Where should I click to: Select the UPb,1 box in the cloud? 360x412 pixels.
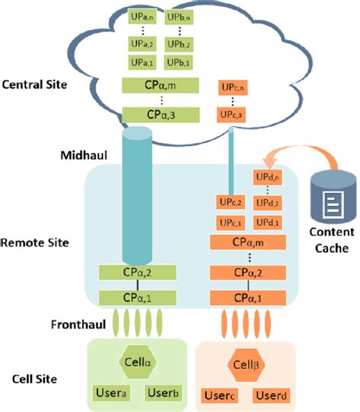(x=178, y=62)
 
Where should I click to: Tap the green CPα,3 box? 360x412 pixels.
(x=159, y=114)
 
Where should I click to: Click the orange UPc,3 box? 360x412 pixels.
(x=232, y=114)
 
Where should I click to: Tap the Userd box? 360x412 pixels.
(x=271, y=395)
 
